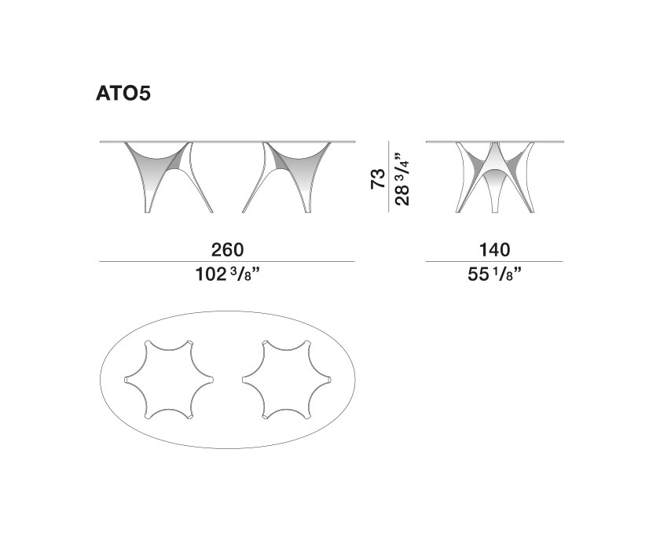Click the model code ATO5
(123, 94)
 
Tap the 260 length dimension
(227, 249)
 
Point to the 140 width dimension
(494, 249)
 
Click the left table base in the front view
(168, 177)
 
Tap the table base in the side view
(494, 177)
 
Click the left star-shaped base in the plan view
(169, 380)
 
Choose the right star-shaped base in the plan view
(285, 380)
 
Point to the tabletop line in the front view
(227, 142)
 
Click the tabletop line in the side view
(494, 142)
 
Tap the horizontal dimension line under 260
(227, 262)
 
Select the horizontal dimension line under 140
(494, 262)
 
